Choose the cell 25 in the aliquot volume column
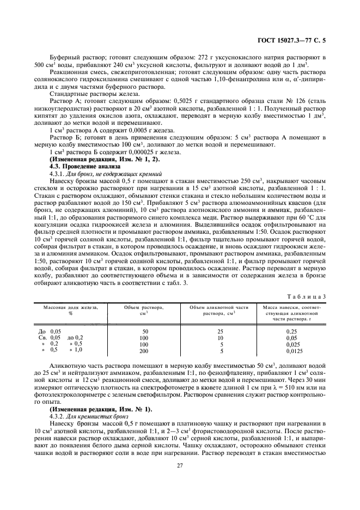(x=221, y=331)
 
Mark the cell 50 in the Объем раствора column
(x=145, y=331)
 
